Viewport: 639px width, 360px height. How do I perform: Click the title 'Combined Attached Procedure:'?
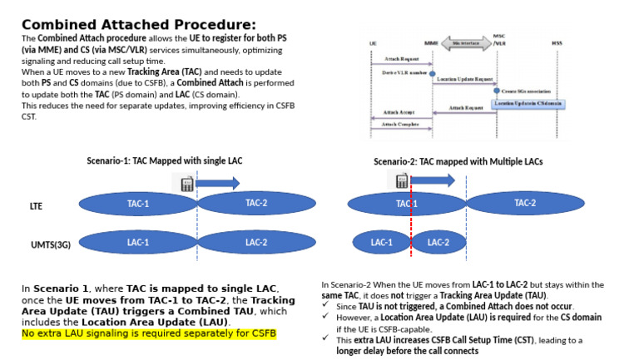point(138,24)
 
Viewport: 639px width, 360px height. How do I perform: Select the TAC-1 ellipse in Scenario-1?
point(138,204)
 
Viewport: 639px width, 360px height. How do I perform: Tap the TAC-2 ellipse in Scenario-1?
point(256,204)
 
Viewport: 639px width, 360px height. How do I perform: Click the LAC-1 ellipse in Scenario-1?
point(138,243)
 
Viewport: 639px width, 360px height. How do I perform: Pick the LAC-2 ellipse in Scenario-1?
point(256,243)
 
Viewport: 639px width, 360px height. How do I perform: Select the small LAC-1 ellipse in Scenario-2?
point(381,243)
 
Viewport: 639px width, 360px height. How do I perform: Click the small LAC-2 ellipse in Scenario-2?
point(438,243)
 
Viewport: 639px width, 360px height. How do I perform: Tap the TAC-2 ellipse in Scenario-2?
point(525,204)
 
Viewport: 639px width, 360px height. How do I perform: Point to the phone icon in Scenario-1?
point(187,183)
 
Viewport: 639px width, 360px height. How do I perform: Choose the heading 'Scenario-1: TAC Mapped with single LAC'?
point(165,160)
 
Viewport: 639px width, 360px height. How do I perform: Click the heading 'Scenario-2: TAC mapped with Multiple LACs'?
point(458,161)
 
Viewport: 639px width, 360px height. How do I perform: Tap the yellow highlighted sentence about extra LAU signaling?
point(148,333)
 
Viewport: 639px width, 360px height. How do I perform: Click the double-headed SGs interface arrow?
point(464,40)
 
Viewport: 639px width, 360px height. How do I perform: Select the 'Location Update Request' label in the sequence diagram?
point(464,79)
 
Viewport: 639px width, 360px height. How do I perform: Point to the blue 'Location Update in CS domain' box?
point(528,103)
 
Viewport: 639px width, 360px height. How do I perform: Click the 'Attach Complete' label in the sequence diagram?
point(401,124)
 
